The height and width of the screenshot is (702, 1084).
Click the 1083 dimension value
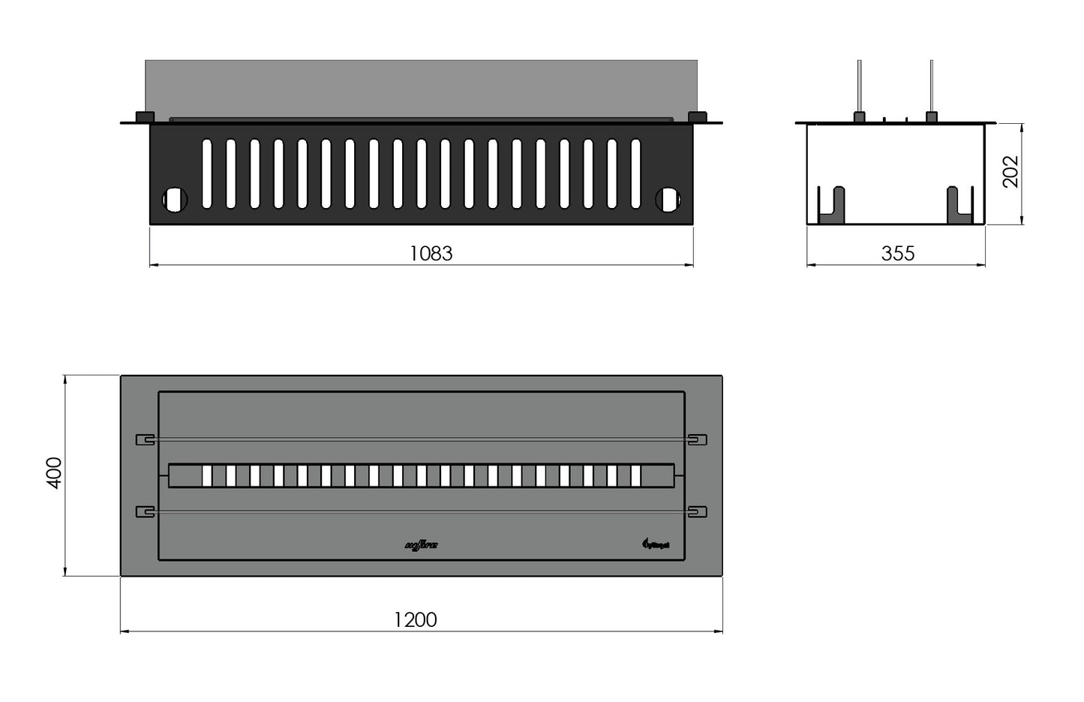click(x=431, y=254)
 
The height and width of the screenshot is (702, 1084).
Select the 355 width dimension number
click(x=897, y=254)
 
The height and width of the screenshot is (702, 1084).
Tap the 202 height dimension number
click(x=1010, y=171)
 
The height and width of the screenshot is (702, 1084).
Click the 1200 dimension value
click(x=415, y=619)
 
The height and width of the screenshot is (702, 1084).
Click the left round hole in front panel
click(x=175, y=200)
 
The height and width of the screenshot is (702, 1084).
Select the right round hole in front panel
click(x=667, y=200)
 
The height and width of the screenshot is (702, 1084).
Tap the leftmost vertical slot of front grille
click(x=206, y=173)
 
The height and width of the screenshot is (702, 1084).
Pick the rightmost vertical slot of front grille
click(x=636, y=173)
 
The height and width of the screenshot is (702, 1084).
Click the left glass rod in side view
click(x=860, y=86)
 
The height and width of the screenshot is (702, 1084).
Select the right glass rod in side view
click(x=931, y=86)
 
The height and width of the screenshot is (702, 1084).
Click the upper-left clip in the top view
click(x=145, y=440)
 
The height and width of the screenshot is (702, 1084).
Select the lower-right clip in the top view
click(x=697, y=512)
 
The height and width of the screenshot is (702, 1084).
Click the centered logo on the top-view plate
click(x=421, y=546)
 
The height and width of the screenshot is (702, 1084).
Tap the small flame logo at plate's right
click(x=653, y=544)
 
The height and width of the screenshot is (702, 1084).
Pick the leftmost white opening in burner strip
click(x=207, y=476)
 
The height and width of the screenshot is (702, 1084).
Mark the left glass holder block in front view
click(x=144, y=117)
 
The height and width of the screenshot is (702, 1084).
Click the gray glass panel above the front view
click(x=420, y=88)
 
